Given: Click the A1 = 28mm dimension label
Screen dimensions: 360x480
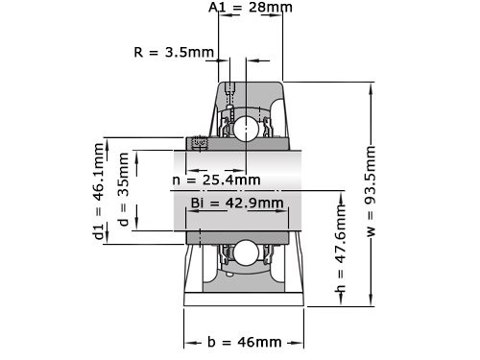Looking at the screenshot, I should [251, 8].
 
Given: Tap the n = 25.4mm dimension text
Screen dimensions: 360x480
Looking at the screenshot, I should [216, 180].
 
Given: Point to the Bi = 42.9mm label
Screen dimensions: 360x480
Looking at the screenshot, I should [237, 203].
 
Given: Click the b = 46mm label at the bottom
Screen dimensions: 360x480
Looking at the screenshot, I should [245, 342].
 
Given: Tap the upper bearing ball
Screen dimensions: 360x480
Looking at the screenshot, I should [245, 129].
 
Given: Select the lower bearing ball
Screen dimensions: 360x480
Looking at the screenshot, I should [245, 253].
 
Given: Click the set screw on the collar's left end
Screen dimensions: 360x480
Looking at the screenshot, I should [201, 144].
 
